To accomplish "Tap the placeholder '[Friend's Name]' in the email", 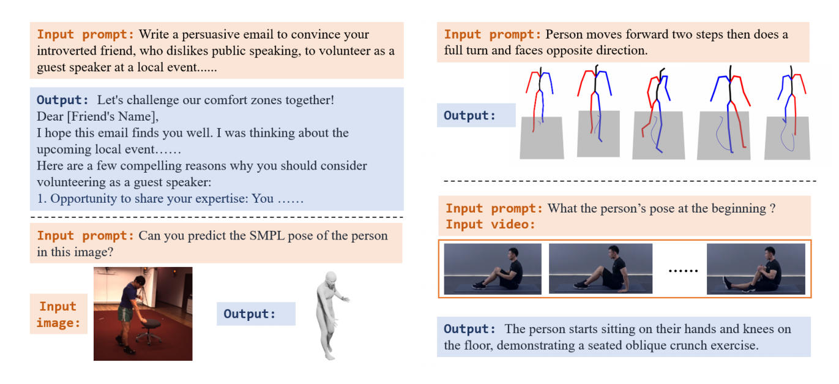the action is (113, 116).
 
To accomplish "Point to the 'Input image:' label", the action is (58, 314).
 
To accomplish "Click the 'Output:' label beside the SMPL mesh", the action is (250, 314).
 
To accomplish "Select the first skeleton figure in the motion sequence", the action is (539, 100).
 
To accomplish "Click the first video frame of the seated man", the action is (493, 269).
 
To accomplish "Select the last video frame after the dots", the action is (756, 269).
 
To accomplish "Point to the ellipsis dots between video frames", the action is (683, 270).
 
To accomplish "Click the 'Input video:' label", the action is (490, 224).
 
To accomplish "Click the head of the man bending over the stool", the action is (140, 280).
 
